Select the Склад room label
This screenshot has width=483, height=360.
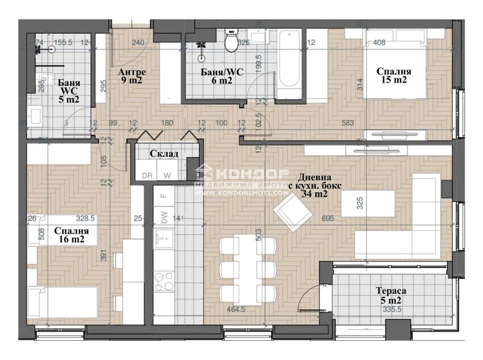point(164,154)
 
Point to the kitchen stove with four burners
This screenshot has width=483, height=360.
point(163,281)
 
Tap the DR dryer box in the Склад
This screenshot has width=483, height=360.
point(147,175)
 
